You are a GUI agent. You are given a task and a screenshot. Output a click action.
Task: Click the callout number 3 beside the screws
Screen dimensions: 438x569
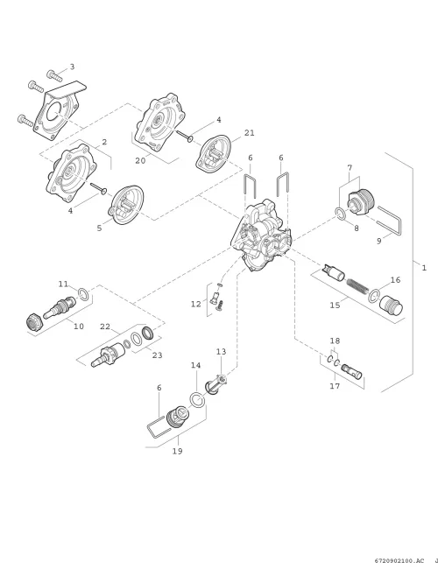point(72,67)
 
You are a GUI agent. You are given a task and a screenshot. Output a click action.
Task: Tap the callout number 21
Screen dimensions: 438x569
point(250,133)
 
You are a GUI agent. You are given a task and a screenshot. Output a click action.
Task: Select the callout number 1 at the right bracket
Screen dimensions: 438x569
point(424,268)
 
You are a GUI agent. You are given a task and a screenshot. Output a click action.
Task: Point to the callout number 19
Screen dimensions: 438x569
point(177,451)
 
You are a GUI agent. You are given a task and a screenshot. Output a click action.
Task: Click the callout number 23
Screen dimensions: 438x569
point(158,355)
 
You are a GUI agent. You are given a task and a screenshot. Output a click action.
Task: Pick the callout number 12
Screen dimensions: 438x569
point(196,304)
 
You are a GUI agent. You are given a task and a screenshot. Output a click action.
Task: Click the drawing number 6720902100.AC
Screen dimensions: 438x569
point(399,560)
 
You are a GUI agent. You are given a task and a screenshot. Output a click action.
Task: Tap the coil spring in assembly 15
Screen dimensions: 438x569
point(357,284)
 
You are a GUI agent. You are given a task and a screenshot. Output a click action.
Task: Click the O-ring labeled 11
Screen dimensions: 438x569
point(83,294)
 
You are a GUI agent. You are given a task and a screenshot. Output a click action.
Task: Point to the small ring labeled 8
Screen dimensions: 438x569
point(341,214)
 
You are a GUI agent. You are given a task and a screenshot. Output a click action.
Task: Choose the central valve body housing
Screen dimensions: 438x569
point(262,235)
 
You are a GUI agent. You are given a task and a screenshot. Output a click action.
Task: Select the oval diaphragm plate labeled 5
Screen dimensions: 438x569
point(127,205)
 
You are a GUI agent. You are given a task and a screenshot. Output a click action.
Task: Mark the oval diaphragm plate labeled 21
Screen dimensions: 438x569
point(213,154)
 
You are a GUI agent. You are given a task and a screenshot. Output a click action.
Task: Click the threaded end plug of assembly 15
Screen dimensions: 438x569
point(392,306)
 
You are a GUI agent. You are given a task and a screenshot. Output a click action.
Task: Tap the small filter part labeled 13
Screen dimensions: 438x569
point(216,383)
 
